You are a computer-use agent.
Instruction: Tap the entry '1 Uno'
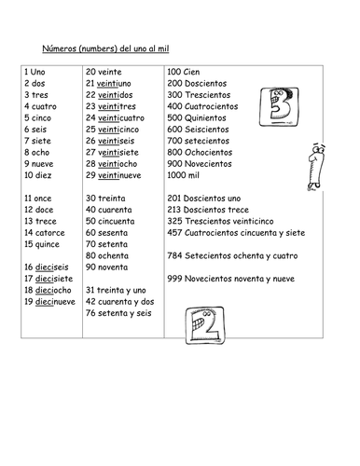click(x=36, y=71)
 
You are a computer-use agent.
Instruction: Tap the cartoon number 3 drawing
click(x=280, y=103)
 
